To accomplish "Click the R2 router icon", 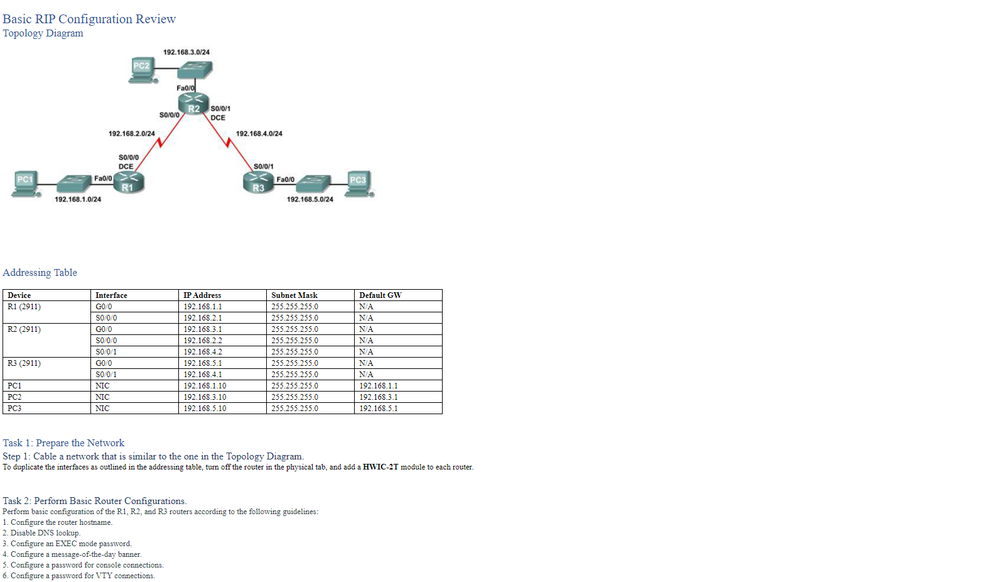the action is [193, 104].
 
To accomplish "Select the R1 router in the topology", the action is [130, 182].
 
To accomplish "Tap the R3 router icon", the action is [257, 182].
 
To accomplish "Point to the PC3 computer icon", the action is [360, 184].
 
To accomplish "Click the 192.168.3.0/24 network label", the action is [186, 52].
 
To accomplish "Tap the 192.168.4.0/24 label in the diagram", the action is [259, 134].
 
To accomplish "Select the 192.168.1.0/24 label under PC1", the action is [78, 199].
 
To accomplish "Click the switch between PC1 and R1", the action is [73, 183].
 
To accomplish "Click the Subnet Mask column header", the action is [294, 295].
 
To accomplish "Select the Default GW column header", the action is [380, 295].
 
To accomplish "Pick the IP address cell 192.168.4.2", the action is [203, 352].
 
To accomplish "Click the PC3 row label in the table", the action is [14, 409].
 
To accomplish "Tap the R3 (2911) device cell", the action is [24, 363].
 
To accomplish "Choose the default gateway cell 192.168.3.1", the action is [379, 397].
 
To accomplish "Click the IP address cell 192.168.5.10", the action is [205, 409].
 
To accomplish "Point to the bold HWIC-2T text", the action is [380, 467].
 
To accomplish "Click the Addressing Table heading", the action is [40, 273].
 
